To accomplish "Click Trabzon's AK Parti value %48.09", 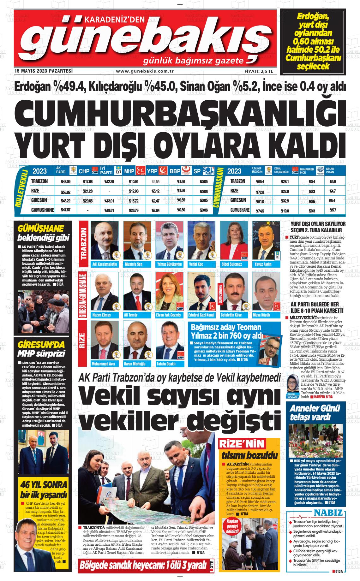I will [65, 182].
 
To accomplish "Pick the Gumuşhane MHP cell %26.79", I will [134, 210].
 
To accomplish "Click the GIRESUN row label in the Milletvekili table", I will [39, 200].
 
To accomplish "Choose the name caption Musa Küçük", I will [261, 315].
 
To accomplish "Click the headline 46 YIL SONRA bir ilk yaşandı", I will [44, 489].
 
